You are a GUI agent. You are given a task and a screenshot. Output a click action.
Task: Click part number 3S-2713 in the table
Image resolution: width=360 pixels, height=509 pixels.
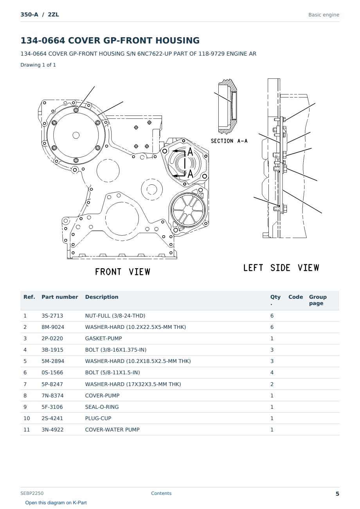(x=52, y=316)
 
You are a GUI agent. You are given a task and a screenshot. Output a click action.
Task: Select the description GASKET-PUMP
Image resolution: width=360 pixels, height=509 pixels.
(x=103, y=338)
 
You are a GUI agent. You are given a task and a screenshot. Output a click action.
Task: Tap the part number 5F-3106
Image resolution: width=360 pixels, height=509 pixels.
(x=52, y=407)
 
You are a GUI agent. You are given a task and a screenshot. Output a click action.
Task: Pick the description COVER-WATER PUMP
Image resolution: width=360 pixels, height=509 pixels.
(x=112, y=430)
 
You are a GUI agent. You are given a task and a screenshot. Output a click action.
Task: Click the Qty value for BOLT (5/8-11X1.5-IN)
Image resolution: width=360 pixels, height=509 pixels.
(x=272, y=372)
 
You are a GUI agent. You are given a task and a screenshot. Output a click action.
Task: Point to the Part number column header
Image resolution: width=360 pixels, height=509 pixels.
(x=60, y=297)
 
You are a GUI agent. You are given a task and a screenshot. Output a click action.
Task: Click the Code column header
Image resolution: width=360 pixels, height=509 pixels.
(x=295, y=297)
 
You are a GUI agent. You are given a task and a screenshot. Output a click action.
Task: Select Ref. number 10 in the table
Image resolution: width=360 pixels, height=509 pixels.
(x=27, y=418)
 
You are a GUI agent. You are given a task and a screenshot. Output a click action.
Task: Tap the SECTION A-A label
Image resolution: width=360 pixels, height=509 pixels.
(x=229, y=141)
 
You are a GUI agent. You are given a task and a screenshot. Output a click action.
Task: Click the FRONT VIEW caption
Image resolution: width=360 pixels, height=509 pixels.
(x=122, y=272)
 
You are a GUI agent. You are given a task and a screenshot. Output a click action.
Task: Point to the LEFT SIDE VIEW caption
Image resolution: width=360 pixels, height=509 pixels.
(x=281, y=268)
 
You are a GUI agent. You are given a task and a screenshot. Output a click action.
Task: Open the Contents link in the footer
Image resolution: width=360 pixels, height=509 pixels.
(x=161, y=493)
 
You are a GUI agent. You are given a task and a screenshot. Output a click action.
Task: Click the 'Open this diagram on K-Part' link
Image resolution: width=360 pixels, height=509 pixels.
(x=56, y=503)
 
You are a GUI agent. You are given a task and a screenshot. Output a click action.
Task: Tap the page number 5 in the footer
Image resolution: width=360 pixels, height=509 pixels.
(x=337, y=494)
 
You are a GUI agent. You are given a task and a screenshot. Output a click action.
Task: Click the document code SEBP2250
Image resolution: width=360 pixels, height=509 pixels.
(x=32, y=493)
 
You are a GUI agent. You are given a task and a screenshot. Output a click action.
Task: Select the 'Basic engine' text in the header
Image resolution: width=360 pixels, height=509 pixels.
(x=324, y=15)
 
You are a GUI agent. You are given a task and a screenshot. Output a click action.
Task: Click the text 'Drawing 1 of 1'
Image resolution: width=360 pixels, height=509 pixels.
(x=38, y=65)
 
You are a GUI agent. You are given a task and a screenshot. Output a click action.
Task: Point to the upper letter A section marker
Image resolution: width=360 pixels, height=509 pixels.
(x=190, y=152)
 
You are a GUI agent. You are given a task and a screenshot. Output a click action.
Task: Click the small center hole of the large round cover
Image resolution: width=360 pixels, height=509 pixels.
(x=76, y=135)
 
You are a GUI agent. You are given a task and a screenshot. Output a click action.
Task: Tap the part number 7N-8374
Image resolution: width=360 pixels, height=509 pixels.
(x=52, y=395)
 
